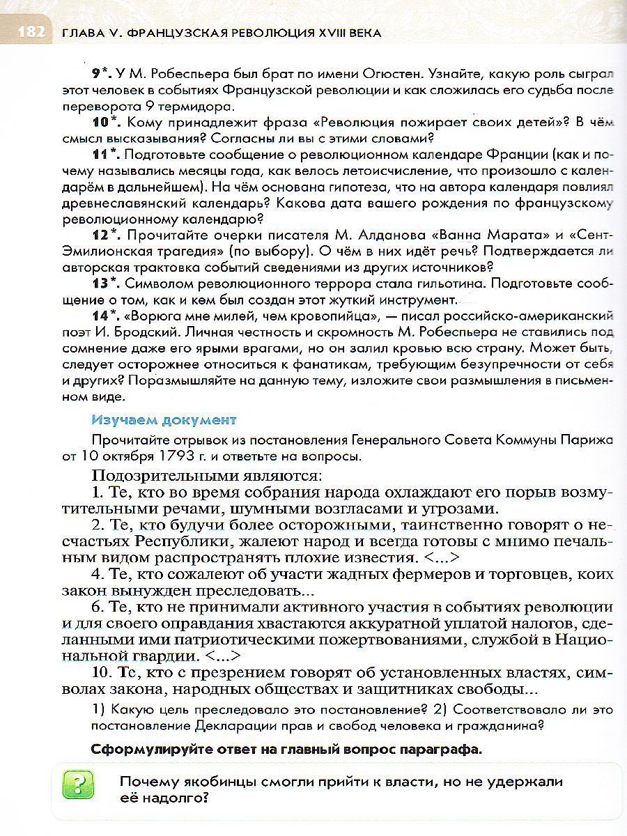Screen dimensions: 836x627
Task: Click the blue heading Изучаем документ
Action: point(164,420)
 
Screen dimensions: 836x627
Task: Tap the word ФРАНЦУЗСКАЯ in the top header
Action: point(164,33)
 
